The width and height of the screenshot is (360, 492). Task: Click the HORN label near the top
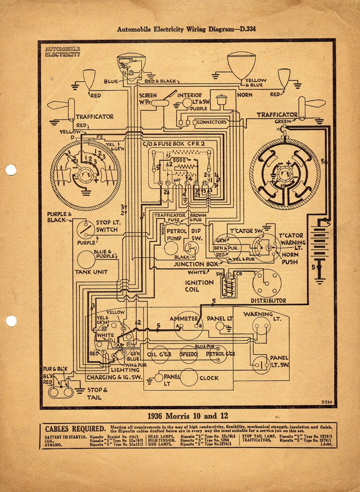pos(245,95)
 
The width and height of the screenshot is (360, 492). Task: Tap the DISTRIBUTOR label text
pos(268,301)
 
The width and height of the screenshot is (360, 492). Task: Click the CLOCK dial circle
pos(189,378)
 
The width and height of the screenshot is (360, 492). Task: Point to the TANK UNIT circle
pos(86,260)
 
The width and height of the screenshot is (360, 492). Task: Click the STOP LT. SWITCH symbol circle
pos(86,229)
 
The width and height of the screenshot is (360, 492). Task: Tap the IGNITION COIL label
pos(199,286)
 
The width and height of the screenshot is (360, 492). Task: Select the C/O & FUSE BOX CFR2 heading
pos(174,144)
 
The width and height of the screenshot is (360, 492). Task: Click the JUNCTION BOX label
pos(196,264)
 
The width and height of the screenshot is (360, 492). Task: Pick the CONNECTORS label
pos(212,122)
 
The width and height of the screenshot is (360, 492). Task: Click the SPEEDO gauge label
pos(189,354)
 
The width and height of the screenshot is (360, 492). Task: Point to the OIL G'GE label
pos(159,354)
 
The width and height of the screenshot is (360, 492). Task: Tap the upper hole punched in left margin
pos(11,170)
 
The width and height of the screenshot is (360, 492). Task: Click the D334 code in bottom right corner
pos(327,402)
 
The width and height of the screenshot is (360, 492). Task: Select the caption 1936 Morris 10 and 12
pos(188,416)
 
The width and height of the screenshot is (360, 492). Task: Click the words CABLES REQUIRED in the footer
pos(75,429)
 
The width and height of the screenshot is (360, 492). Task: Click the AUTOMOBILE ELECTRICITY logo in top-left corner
pos(63,52)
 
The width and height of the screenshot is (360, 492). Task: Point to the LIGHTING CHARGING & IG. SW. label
pos(114,374)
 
